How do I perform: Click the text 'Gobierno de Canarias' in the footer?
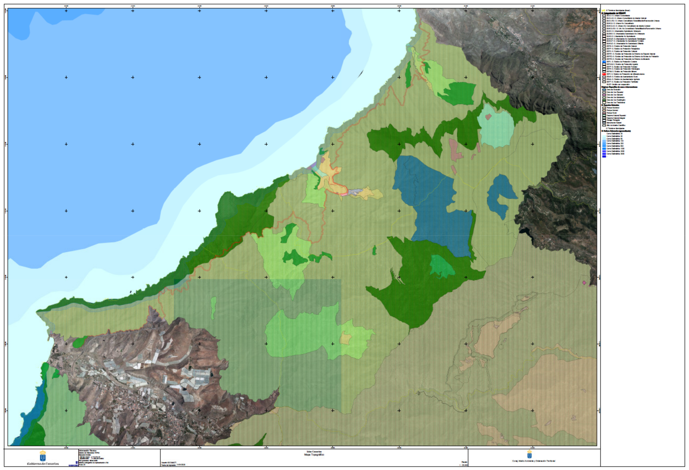tap(43, 464)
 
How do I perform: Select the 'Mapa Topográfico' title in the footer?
tap(314, 454)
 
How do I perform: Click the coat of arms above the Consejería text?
tap(529, 454)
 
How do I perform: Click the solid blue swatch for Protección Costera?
tap(604, 62)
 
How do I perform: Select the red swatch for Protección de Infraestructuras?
tap(604, 74)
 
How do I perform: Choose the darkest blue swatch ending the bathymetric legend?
tap(604, 156)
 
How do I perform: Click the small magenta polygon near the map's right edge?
tap(584, 283)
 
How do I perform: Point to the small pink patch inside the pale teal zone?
tap(488, 117)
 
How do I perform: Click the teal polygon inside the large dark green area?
tap(442, 266)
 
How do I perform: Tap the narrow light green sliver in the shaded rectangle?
tap(213, 308)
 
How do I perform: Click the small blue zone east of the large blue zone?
tap(501, 196)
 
